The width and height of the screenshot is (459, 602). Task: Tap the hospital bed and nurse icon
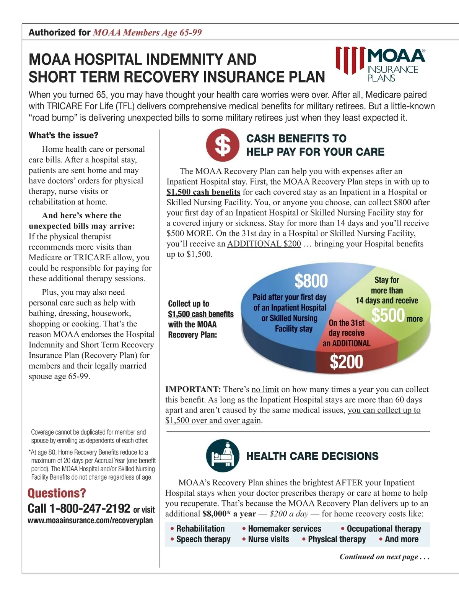(x=223, y=456)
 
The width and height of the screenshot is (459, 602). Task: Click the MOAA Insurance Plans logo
(x=381, y=65)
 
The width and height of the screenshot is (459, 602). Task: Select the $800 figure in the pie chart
(x=311, y=281)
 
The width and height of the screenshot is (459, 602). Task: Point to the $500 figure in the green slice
(x=388, y=316)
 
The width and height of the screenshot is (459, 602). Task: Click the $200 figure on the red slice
(x=346, y=362)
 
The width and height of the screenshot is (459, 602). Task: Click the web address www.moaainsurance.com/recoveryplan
(x=90, y=521)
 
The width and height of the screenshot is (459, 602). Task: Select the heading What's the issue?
(x=63, y=135)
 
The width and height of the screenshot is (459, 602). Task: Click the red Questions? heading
(x=57, y=493)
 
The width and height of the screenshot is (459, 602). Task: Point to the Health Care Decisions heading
(x=312, y=456)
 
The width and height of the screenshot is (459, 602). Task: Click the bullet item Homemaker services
(x=284, y=529)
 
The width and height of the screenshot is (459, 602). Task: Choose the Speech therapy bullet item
(x=203, y=539)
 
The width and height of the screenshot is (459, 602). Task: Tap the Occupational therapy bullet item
(x=384, y=529)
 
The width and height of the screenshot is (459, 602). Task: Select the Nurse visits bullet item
(x=268, y=539)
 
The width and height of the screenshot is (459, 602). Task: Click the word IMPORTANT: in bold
(x=193, y=389)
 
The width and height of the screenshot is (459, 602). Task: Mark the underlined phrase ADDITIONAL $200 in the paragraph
(x=264, y=244)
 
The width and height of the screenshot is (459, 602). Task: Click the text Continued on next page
(x=384, y=557)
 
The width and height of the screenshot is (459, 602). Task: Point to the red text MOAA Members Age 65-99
(x=147, y=32)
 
